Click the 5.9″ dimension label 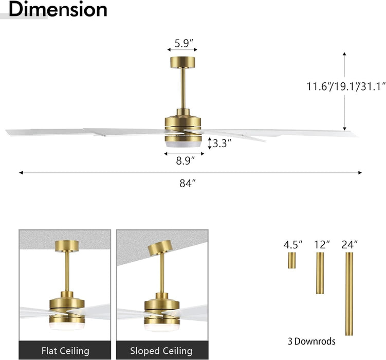(181, 43)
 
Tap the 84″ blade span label (188, 183)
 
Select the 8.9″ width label (186, 161)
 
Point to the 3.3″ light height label (222, 143)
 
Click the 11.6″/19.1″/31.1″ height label (345, 86)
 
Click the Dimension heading (58, 9)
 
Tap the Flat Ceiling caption (65, 351)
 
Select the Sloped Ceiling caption (161, 351)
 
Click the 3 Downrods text (311, 341)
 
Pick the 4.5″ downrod (292, 260)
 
